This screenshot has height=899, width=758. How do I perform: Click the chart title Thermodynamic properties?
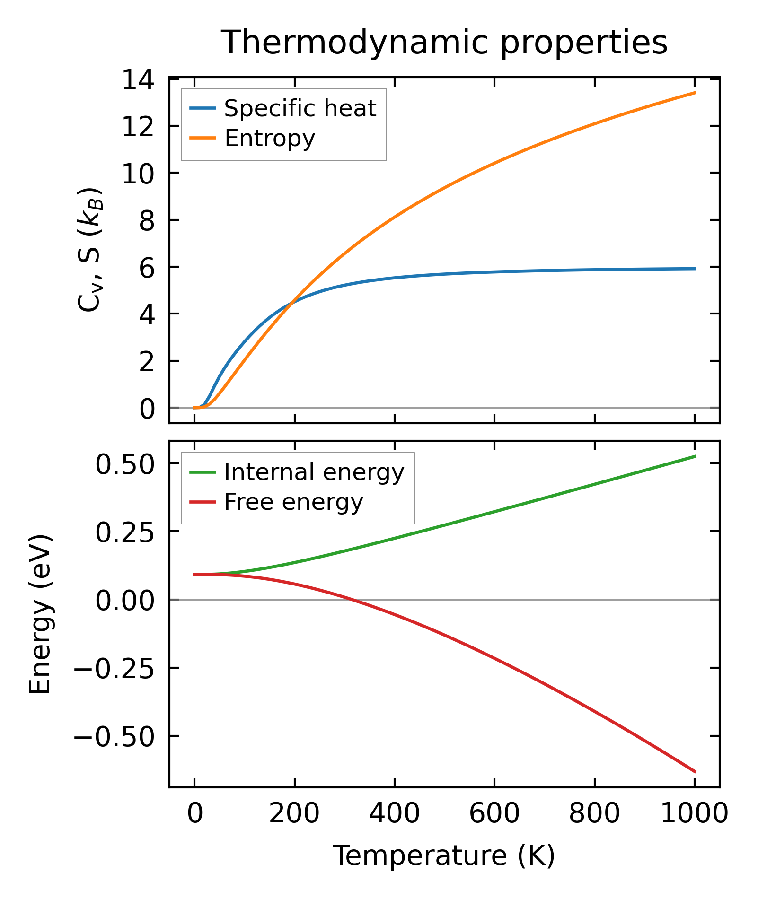(x=444, y=43)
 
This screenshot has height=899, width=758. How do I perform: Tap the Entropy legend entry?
(x=270, y=139)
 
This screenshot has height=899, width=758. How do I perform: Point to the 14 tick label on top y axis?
(x=138, y=79)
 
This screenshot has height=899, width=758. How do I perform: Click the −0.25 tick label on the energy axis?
(x=114, y=669)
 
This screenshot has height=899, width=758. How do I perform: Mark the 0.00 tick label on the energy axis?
(x=125, y=601)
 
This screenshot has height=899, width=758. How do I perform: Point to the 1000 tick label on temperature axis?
(x=694, y=814)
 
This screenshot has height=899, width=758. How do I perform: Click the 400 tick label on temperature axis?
(x=394, y=814)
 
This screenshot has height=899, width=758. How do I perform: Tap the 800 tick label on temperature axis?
(x=594, y=814)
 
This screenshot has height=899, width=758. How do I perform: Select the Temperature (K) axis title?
(x=444, y=855)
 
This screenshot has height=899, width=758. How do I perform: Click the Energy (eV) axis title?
(x=40, y=614)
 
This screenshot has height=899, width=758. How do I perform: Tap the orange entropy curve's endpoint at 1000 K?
(x=695, y=93)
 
